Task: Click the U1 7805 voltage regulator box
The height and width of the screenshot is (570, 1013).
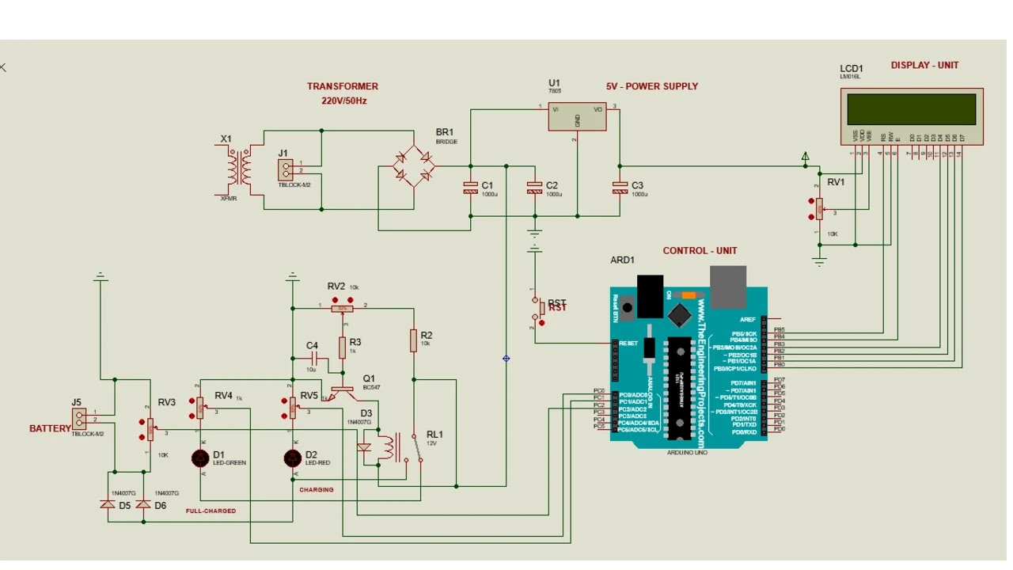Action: click(x=577, y=116)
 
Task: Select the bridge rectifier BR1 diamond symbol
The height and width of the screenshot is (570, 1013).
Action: click(x=414, y=166)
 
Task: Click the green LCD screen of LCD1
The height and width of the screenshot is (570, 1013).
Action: click(x=912, y=109)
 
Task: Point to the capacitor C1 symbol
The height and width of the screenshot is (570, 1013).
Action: click(x=471, y=188)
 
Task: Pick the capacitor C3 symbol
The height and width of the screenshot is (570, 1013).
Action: click(x=620, y=188)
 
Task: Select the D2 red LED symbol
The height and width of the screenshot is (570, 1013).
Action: click(x=294, y=458)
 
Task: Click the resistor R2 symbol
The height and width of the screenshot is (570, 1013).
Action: click(x=413, y=340)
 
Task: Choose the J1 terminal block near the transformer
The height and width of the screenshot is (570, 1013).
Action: click(x=286, y=169)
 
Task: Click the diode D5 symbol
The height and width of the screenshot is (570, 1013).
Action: click(x=107, y=503)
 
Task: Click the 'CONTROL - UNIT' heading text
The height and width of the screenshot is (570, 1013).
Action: click(x=700, y=251)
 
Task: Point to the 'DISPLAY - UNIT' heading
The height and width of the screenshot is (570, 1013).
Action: click(x=924, y=66)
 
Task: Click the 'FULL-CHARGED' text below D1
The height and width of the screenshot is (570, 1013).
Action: click(x=211, y=511)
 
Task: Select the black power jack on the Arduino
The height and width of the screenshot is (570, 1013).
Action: click(x=650, y=295)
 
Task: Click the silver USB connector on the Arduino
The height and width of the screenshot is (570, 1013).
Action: click(x=728, y=286)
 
